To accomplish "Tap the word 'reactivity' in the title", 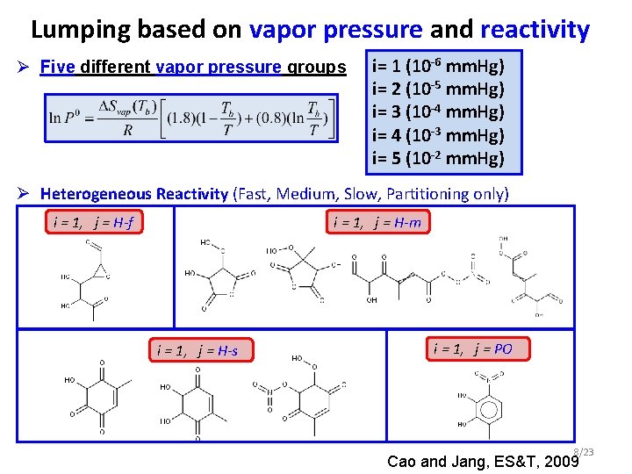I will pyautogui.click(x=535, y=30).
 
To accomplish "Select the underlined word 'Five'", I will pyautogui.click(x=57, y=67).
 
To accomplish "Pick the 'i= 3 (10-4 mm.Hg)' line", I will pyautogui.click(x=438, y=112).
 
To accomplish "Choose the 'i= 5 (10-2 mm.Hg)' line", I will pyautogui.click(x=438, y=158).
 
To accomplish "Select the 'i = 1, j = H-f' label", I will pyautogui.click(x=92, y=222).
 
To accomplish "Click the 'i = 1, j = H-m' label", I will pyautogui.click(x=377, y=222).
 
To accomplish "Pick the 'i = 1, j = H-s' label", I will pyautogui.click(x=197, y=351).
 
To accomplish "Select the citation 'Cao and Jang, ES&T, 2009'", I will pyautogui.click(x=479, y=461).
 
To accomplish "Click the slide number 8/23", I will pyautogui.click(x=583, y=451).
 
